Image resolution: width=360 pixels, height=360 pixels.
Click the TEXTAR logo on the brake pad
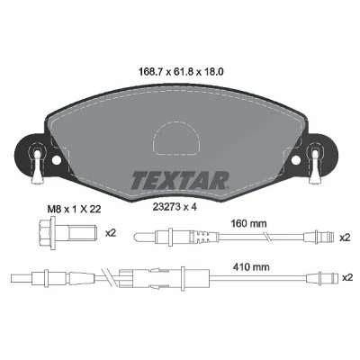180,180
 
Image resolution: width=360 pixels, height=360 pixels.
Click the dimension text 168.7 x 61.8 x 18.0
181,72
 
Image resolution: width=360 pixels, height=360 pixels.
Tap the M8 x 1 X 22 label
75,209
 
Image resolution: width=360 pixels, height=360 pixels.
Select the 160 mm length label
248,223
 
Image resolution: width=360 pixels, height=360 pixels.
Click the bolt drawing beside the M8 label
67,232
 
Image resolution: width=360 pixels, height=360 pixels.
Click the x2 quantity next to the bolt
111,233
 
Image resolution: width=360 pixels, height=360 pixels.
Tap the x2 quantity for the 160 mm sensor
345,238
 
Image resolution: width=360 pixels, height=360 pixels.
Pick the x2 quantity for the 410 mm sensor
347,278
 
